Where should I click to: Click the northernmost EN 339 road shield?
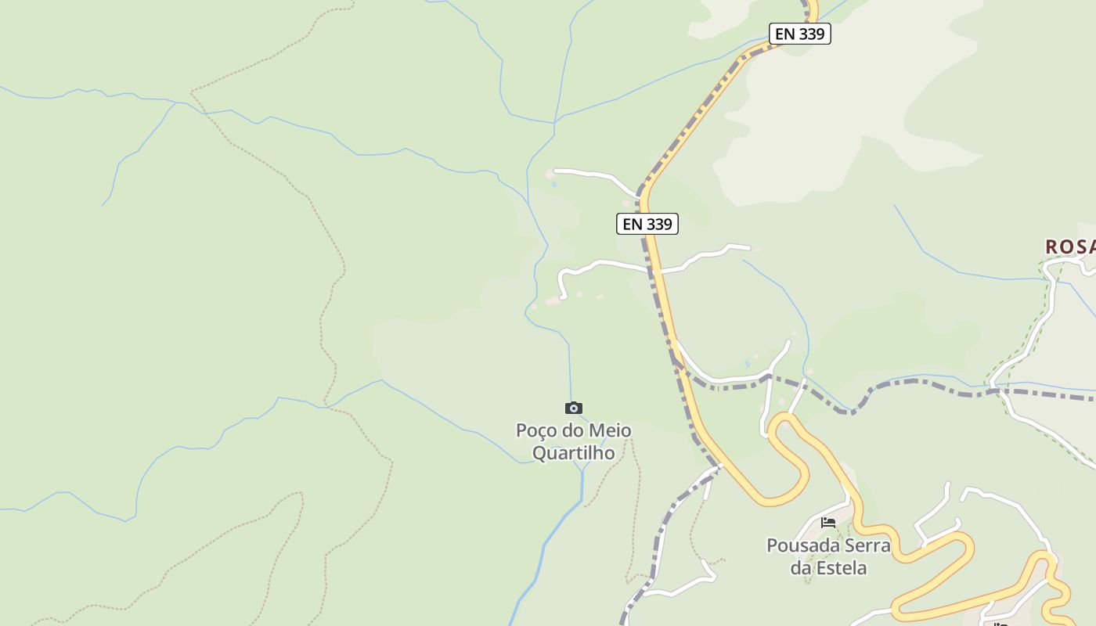[799, 34]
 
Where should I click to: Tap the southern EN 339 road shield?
[647, 224]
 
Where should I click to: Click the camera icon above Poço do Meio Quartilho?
[574, 408]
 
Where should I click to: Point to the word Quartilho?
[573, 452]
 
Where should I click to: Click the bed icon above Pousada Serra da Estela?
[828, 522]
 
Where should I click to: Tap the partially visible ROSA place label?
[1070, 246]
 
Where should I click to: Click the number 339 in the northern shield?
[811, 34]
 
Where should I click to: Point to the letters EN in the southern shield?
[633, 224]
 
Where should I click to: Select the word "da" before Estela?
[800, 567]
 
